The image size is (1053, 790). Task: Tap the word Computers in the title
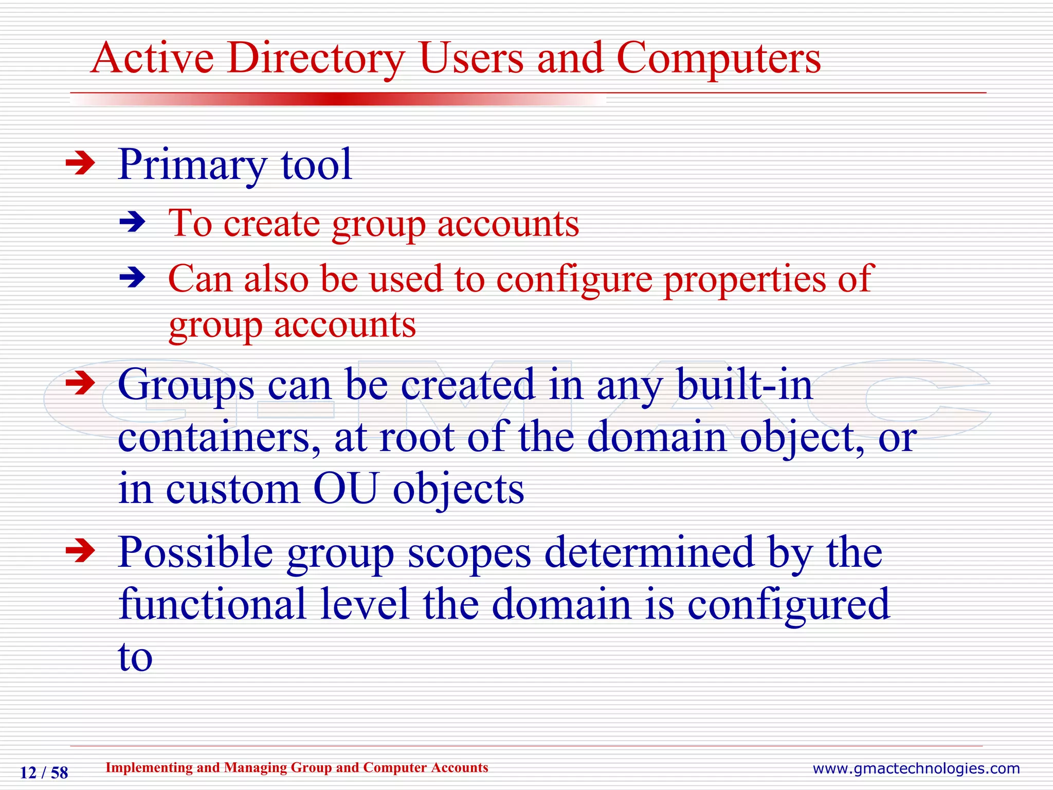coord(718,59)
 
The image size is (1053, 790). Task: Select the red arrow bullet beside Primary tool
coord(81,164)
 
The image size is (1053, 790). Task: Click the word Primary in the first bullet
coord(192,165)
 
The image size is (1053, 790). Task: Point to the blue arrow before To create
coord(133,223)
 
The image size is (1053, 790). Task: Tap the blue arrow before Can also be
coord(133,278)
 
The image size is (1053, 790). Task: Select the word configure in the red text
coord(574,280)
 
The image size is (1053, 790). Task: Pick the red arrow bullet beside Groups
coord(81,383)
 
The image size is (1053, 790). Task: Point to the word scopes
coord(469,553)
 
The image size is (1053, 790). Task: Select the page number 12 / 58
coord(44,773)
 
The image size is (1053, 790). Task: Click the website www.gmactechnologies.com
coord(916,768)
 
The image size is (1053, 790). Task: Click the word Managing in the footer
coord(256,767)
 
